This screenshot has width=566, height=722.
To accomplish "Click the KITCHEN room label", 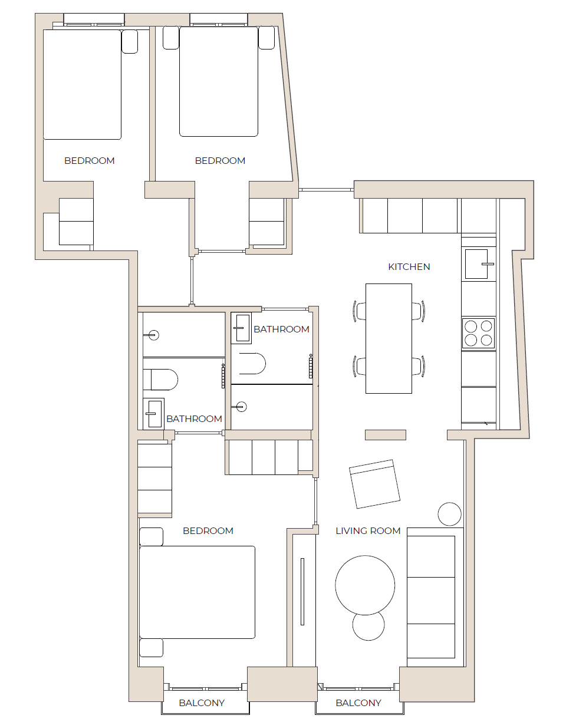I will [x=409, y=267].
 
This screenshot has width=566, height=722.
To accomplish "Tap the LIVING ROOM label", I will [x=368, y=531].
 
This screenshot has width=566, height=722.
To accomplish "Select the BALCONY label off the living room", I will [x=358, y=703].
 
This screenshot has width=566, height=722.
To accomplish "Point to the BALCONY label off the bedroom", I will [x=202, y=703].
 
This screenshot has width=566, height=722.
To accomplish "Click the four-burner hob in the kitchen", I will [x=478, y=333].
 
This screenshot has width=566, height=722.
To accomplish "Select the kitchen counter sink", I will [x=479, y=263].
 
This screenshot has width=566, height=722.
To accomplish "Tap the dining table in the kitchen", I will [x=389, y=338].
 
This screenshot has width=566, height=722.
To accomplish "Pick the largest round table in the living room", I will [x=365, y=585].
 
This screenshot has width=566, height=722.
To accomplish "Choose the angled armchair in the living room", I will [x=374, y=484].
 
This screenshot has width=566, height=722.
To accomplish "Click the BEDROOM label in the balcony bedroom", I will [x=208, y=531].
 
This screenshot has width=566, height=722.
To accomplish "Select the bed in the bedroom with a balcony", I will [x=198, y=592].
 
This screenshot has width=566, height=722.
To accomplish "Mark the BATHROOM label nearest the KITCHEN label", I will [x=281, y=329].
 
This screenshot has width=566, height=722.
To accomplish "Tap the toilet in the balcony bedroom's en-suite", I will [x=160, y=380].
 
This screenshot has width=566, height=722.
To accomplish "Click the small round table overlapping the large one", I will [x=368, y=625].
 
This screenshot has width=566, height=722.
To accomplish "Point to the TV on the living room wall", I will [x=302, y=591].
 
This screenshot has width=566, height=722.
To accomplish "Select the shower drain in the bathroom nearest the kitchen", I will [x=241, y=406].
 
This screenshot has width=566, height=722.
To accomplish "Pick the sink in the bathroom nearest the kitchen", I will [x=241, y=328].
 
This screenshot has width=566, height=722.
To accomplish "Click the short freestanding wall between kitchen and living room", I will [x=385, y=435].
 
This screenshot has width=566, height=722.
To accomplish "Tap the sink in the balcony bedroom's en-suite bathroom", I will [x=154, y=413].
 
